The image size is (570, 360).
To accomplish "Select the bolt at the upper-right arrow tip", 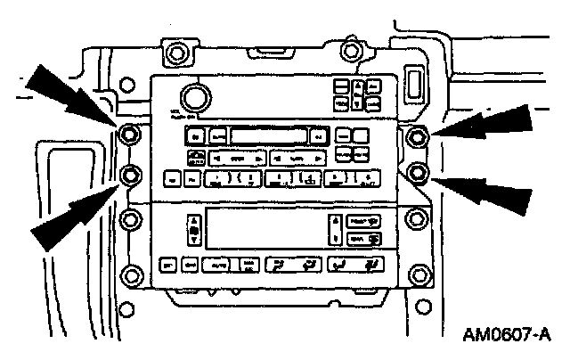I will point(417,135).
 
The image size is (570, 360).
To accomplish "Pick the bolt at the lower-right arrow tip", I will point(417,171).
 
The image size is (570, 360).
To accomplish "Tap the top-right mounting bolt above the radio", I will point(354,50).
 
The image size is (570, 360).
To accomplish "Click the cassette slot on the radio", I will point(266,135).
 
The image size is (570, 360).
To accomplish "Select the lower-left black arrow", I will point(71,216).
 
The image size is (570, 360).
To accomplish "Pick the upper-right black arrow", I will point(485,122).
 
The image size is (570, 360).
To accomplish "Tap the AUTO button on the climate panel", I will point(216,265).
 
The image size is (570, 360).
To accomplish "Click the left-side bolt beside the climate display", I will point(130,218).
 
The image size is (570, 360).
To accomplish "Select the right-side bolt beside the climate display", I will point(416,217).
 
